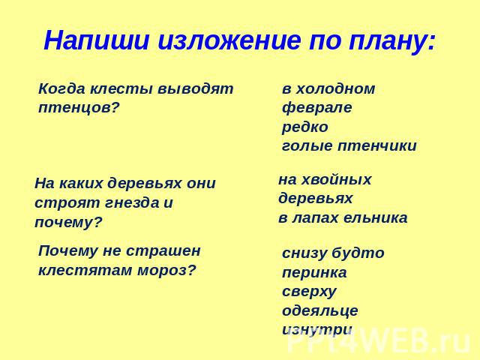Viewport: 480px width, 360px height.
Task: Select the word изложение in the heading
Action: coord(229,40)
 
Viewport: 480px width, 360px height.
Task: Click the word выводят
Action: coord(196,89)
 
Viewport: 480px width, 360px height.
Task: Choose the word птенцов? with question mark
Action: coord(78,108)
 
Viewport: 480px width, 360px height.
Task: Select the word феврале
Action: coord(316,109)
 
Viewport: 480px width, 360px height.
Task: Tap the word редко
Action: coord(305,127)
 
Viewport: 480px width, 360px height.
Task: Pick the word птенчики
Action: coord(377,146)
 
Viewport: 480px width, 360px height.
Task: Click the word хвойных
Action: coord(337,180)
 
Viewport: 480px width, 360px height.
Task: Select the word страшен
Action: coord(163,252)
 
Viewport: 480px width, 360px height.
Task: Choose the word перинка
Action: coord(314,273)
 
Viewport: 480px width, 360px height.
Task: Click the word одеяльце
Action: coord(320,311)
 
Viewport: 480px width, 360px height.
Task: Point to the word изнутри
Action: coord(316,330)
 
